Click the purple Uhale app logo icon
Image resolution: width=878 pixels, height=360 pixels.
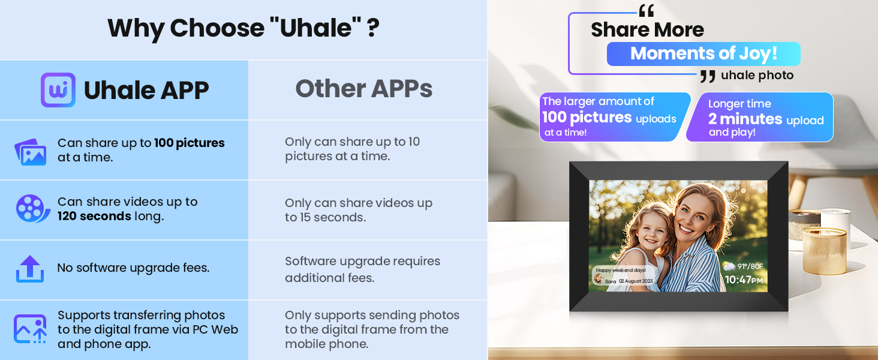(x=58, y=90)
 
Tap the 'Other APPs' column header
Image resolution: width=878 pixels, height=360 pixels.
(x=363, y=89)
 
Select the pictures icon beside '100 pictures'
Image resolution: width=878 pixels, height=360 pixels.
(x=30, y=151)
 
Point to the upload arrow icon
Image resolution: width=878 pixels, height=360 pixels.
(x=30, y=268)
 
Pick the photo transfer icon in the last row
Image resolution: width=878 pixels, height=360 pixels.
(x=30, y=329)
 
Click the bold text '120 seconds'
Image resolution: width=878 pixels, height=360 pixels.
(x=94, y=216)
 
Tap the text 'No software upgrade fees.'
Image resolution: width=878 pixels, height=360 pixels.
(x=133, y=268)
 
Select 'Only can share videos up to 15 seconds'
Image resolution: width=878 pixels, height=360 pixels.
(x=358, y=210)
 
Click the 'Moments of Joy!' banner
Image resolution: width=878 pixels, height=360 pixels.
(x=703, y=53)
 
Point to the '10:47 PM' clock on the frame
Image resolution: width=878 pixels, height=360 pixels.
(x=744, y=280)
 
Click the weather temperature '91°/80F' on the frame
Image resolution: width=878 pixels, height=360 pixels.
(x=750, y=266)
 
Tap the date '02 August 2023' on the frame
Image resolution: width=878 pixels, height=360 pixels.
(x=636, y=281)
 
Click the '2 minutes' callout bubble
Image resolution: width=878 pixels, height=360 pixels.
(x=759, y=118)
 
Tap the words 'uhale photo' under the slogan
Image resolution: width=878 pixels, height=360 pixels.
(x=757, y=76)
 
